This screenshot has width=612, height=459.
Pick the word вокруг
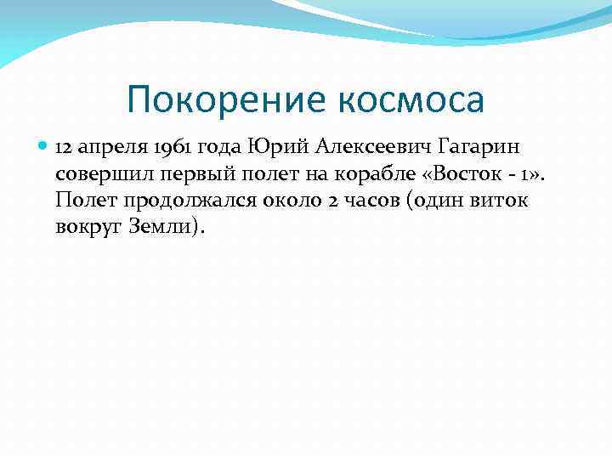[x=89, y=229]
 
